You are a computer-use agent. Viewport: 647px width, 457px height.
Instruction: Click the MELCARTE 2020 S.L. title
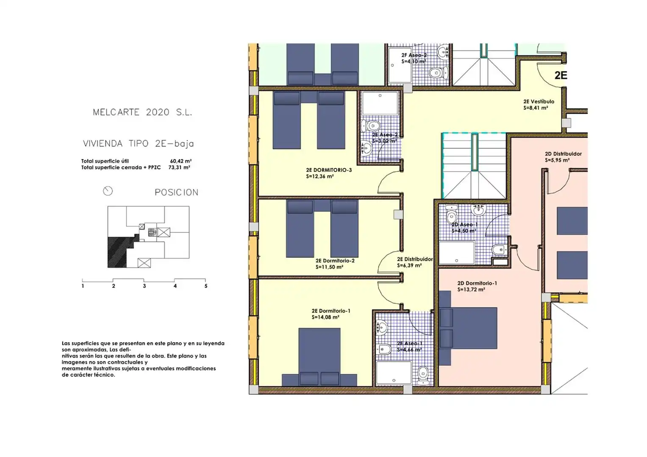pos(142,112)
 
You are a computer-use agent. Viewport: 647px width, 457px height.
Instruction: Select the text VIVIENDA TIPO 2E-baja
pos(139,143)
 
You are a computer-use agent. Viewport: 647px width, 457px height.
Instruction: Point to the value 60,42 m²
pos(181,161)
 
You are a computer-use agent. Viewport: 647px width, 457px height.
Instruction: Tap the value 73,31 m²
pos(179,167)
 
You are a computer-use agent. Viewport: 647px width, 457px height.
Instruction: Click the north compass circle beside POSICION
pos(108,191)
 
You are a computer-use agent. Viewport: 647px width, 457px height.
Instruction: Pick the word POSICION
pos(177,193)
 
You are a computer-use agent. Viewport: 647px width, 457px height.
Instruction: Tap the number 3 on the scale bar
pos(144,286)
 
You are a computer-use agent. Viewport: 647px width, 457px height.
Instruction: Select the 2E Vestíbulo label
pos(539,102)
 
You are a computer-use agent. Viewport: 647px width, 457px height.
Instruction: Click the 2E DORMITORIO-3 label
pos(329,170)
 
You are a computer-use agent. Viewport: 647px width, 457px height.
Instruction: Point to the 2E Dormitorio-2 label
pos(335,261)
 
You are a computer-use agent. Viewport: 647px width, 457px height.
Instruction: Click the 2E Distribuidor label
pos(415,259)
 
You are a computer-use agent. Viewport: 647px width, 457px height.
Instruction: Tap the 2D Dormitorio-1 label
pos(477,284)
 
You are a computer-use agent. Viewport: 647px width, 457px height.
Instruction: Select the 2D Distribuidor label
pos(563,154)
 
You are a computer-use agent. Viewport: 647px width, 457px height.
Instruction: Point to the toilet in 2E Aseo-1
pos(423,376)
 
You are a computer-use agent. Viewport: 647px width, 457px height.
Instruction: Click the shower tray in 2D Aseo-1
pos(457,253)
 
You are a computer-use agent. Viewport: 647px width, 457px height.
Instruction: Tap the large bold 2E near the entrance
pos(561,75)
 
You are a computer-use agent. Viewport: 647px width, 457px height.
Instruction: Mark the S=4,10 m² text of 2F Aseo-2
pos(414,61)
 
